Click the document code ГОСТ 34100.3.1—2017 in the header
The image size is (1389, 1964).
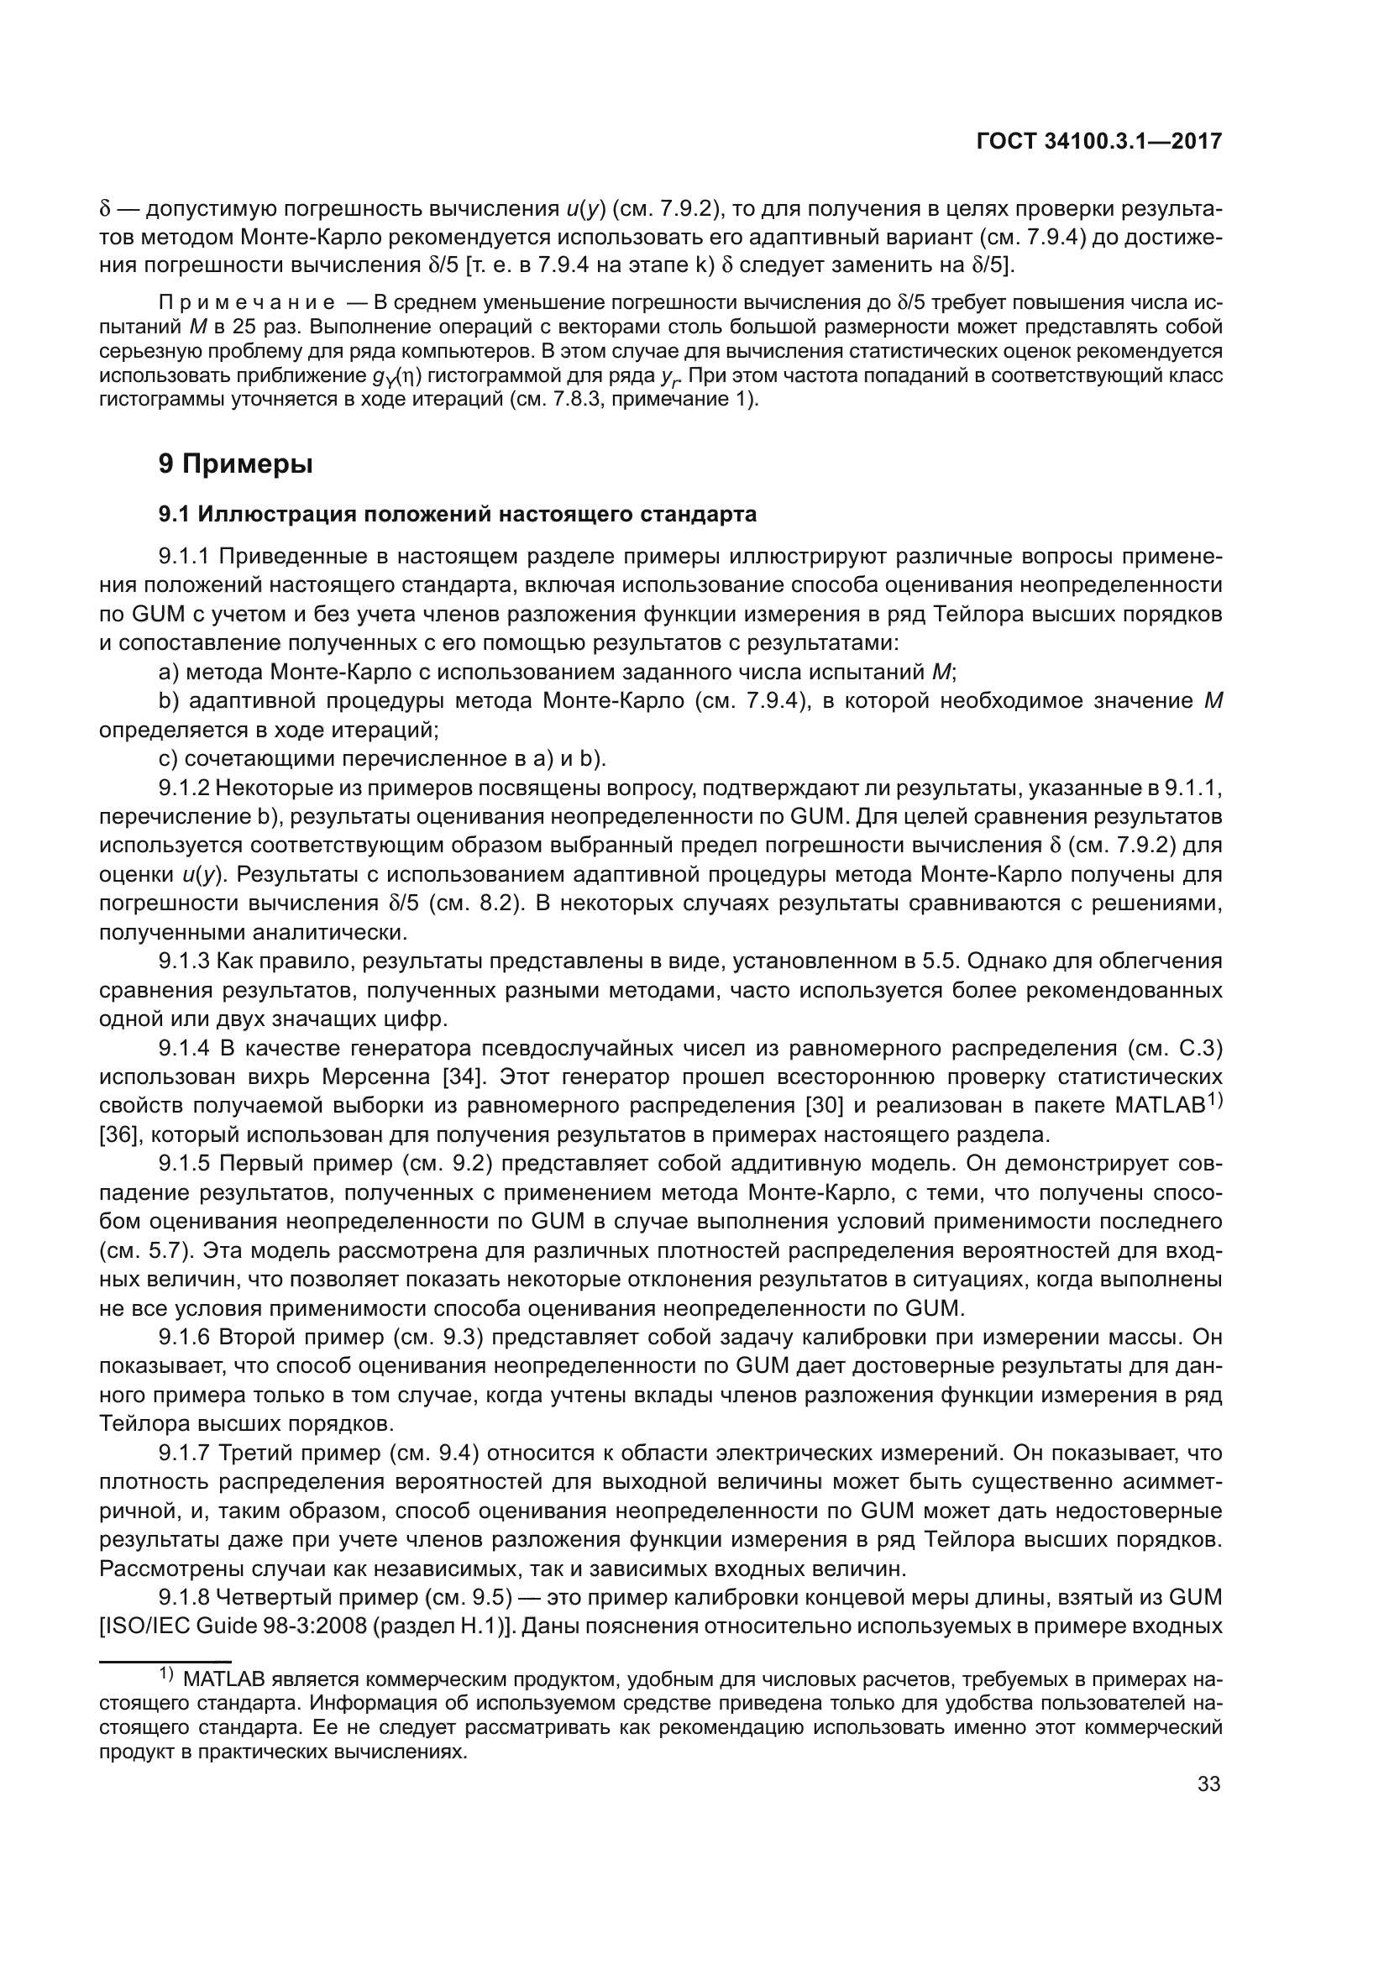[1098, 142]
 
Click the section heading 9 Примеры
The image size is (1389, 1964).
[235, 464]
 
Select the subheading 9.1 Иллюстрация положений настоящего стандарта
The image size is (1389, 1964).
[458, 514]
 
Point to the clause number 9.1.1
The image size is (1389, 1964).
[184, 557]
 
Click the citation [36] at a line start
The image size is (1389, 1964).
[118, 1135]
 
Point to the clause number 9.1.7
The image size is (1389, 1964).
[184, 1453]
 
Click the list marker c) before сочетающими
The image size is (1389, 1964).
[168, 759]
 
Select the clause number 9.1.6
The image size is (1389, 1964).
[184, 1337]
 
